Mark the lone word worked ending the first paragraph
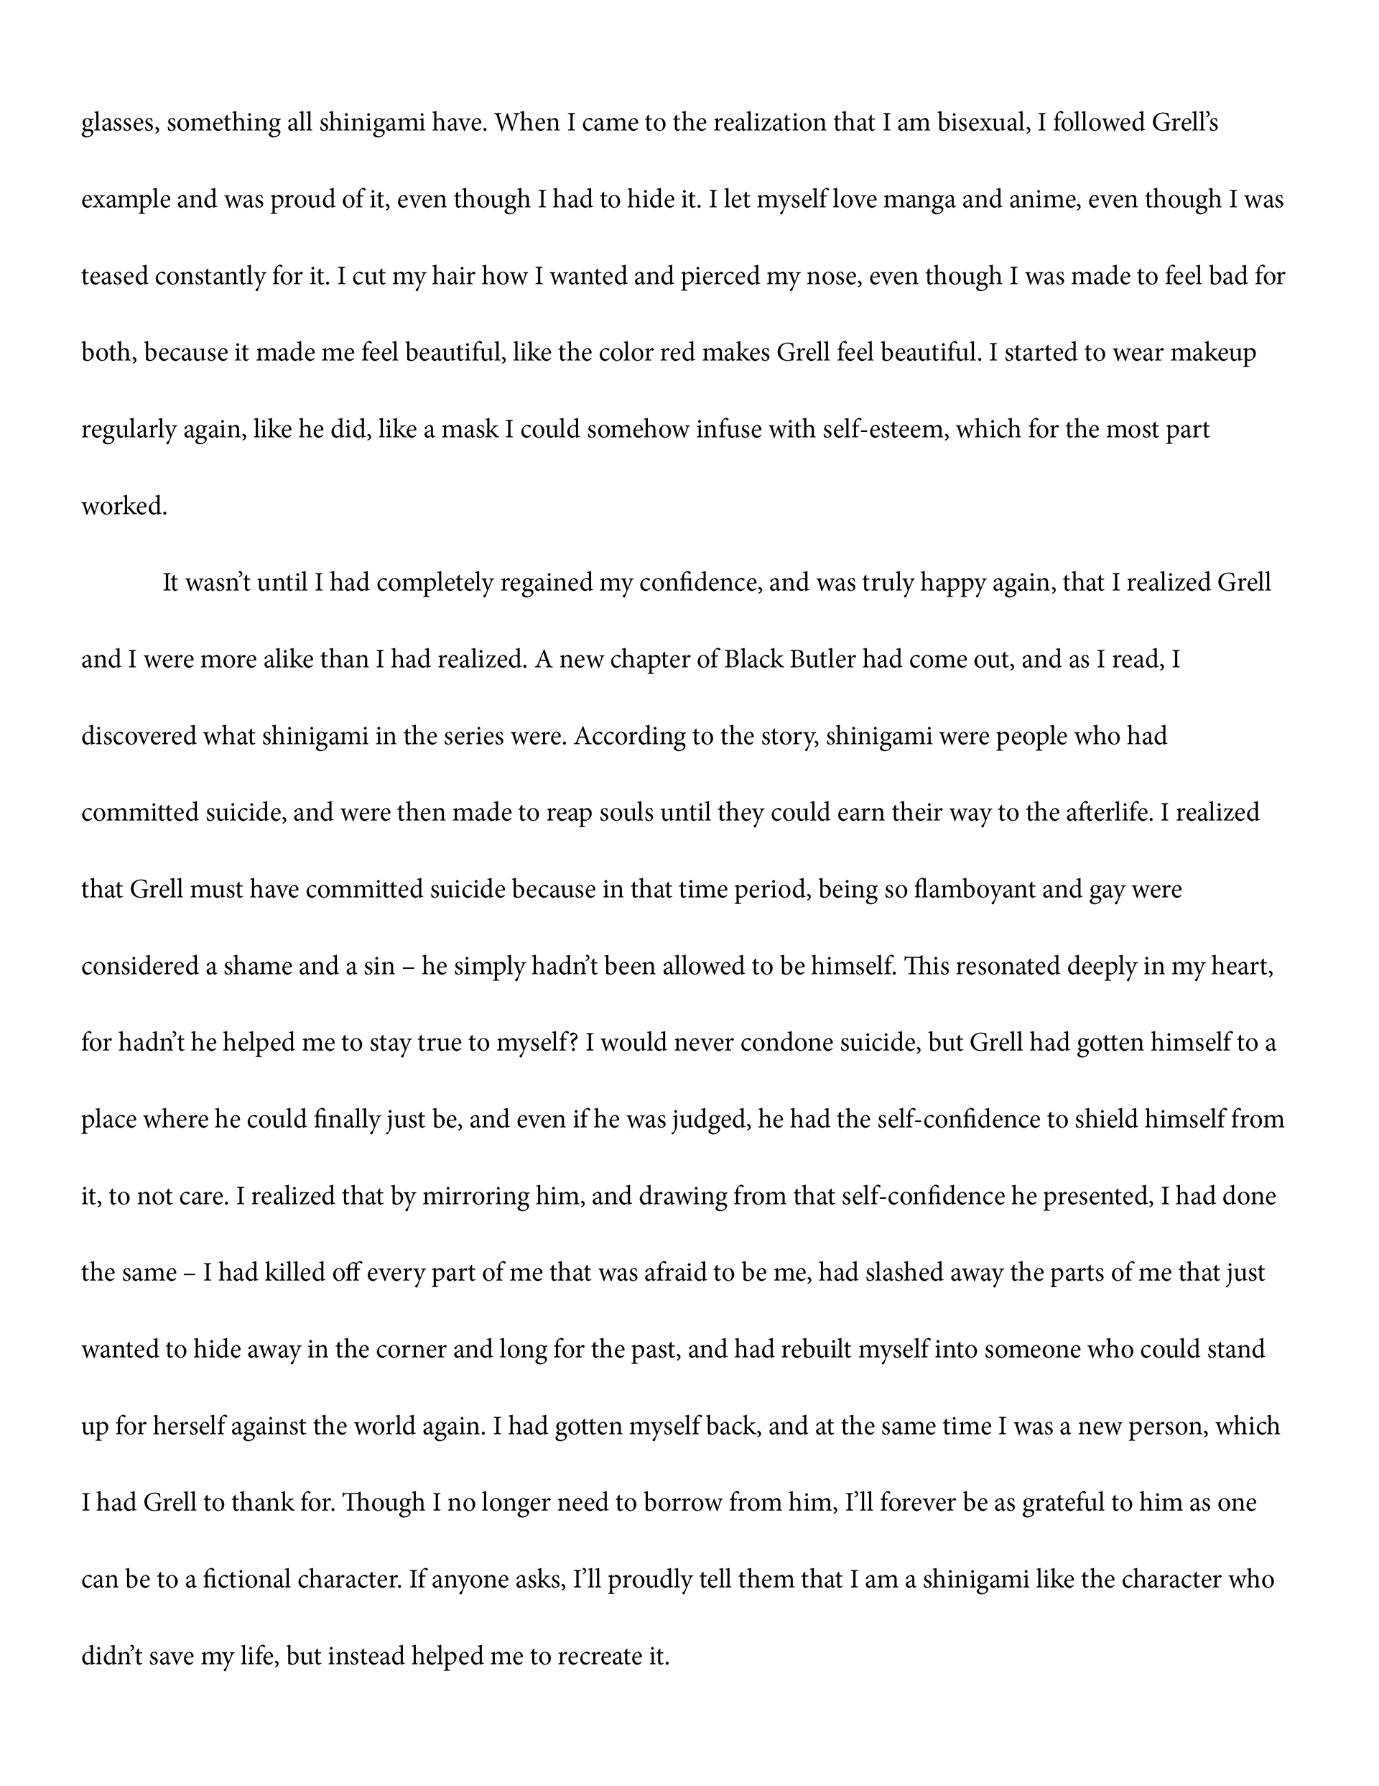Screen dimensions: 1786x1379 pos(124,506)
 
